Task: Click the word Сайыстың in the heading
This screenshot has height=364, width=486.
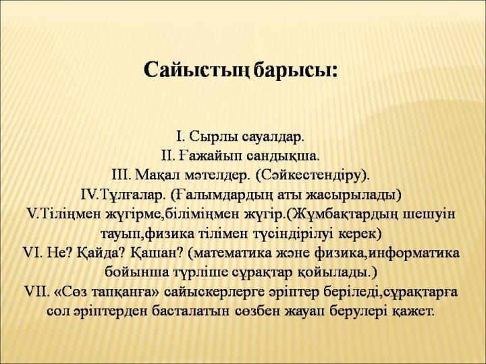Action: [196, 70]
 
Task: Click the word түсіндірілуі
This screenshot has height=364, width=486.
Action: [286, 233]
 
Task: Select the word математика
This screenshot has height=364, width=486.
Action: [232, 253]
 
